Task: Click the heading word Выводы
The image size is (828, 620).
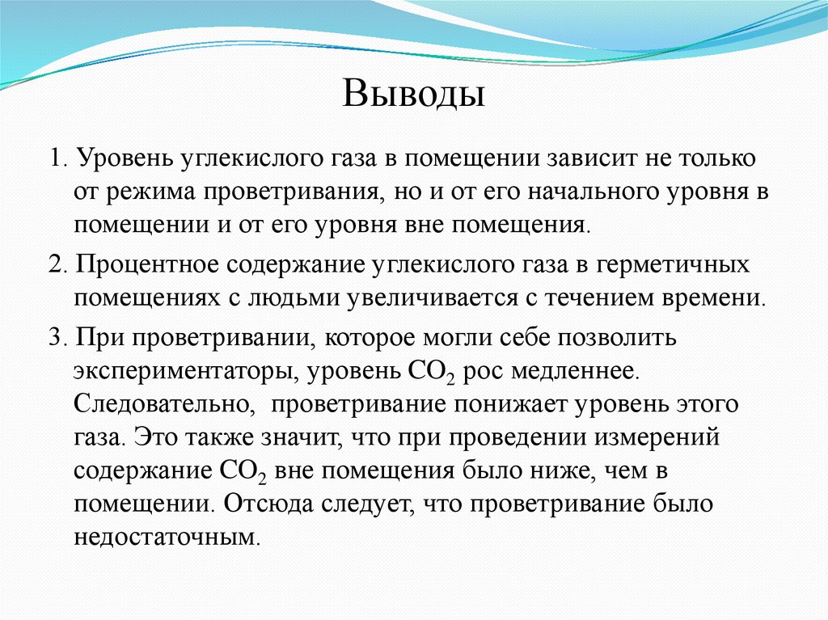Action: [x=413, y=94]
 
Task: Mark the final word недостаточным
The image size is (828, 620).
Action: [x=167, y=537]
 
